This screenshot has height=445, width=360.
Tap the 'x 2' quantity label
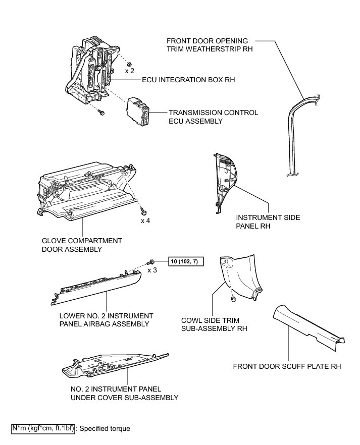point(130,71)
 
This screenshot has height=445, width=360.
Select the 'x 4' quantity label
point(145,220)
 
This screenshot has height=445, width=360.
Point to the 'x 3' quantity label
point(152,270)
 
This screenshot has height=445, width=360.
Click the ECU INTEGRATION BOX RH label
point(182,80)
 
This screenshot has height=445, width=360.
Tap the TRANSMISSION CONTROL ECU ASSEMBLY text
point(213,117)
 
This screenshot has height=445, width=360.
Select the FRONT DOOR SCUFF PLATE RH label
point(287,366)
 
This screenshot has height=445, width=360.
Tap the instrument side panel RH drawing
point(224,179)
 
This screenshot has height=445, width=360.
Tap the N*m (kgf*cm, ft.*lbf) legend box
point(42,429)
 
